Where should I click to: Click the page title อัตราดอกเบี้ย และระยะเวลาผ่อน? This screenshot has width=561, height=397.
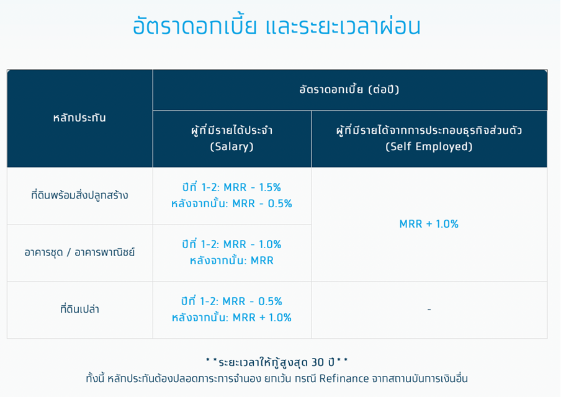coord(277,26)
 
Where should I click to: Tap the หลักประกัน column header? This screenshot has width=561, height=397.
coord(79,118)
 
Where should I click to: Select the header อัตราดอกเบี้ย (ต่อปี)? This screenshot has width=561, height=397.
coord(349,89)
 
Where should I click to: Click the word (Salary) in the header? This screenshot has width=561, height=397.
coord(232,146)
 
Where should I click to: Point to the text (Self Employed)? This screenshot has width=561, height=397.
coord(429,146)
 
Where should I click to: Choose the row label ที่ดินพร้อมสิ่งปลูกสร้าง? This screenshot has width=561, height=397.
coord(79,195)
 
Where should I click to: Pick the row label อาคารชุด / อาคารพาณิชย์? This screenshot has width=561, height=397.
coord(79,252)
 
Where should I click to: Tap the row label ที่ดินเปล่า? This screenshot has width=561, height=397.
coord(79,309)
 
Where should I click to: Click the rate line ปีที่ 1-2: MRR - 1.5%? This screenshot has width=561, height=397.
coord(232,187)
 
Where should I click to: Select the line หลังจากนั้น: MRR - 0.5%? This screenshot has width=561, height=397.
coord(232,203)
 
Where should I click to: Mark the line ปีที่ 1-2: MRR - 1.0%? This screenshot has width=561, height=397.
coord(232,244)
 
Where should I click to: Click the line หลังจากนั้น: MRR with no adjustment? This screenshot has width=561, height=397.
coord(232,261)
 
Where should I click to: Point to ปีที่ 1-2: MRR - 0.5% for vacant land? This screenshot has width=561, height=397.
coord(232,301)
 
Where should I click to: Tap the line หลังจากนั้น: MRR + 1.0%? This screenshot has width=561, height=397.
coord(232,318)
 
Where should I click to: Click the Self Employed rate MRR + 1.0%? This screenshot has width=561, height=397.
coord(429,224)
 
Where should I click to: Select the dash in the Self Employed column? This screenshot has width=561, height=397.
coord(429,310)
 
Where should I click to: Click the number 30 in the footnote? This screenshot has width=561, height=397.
coord(318,362)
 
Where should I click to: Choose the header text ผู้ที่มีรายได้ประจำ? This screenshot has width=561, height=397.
coord(232,130)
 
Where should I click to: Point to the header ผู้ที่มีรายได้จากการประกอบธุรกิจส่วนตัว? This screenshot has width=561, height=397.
coord(429,130)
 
